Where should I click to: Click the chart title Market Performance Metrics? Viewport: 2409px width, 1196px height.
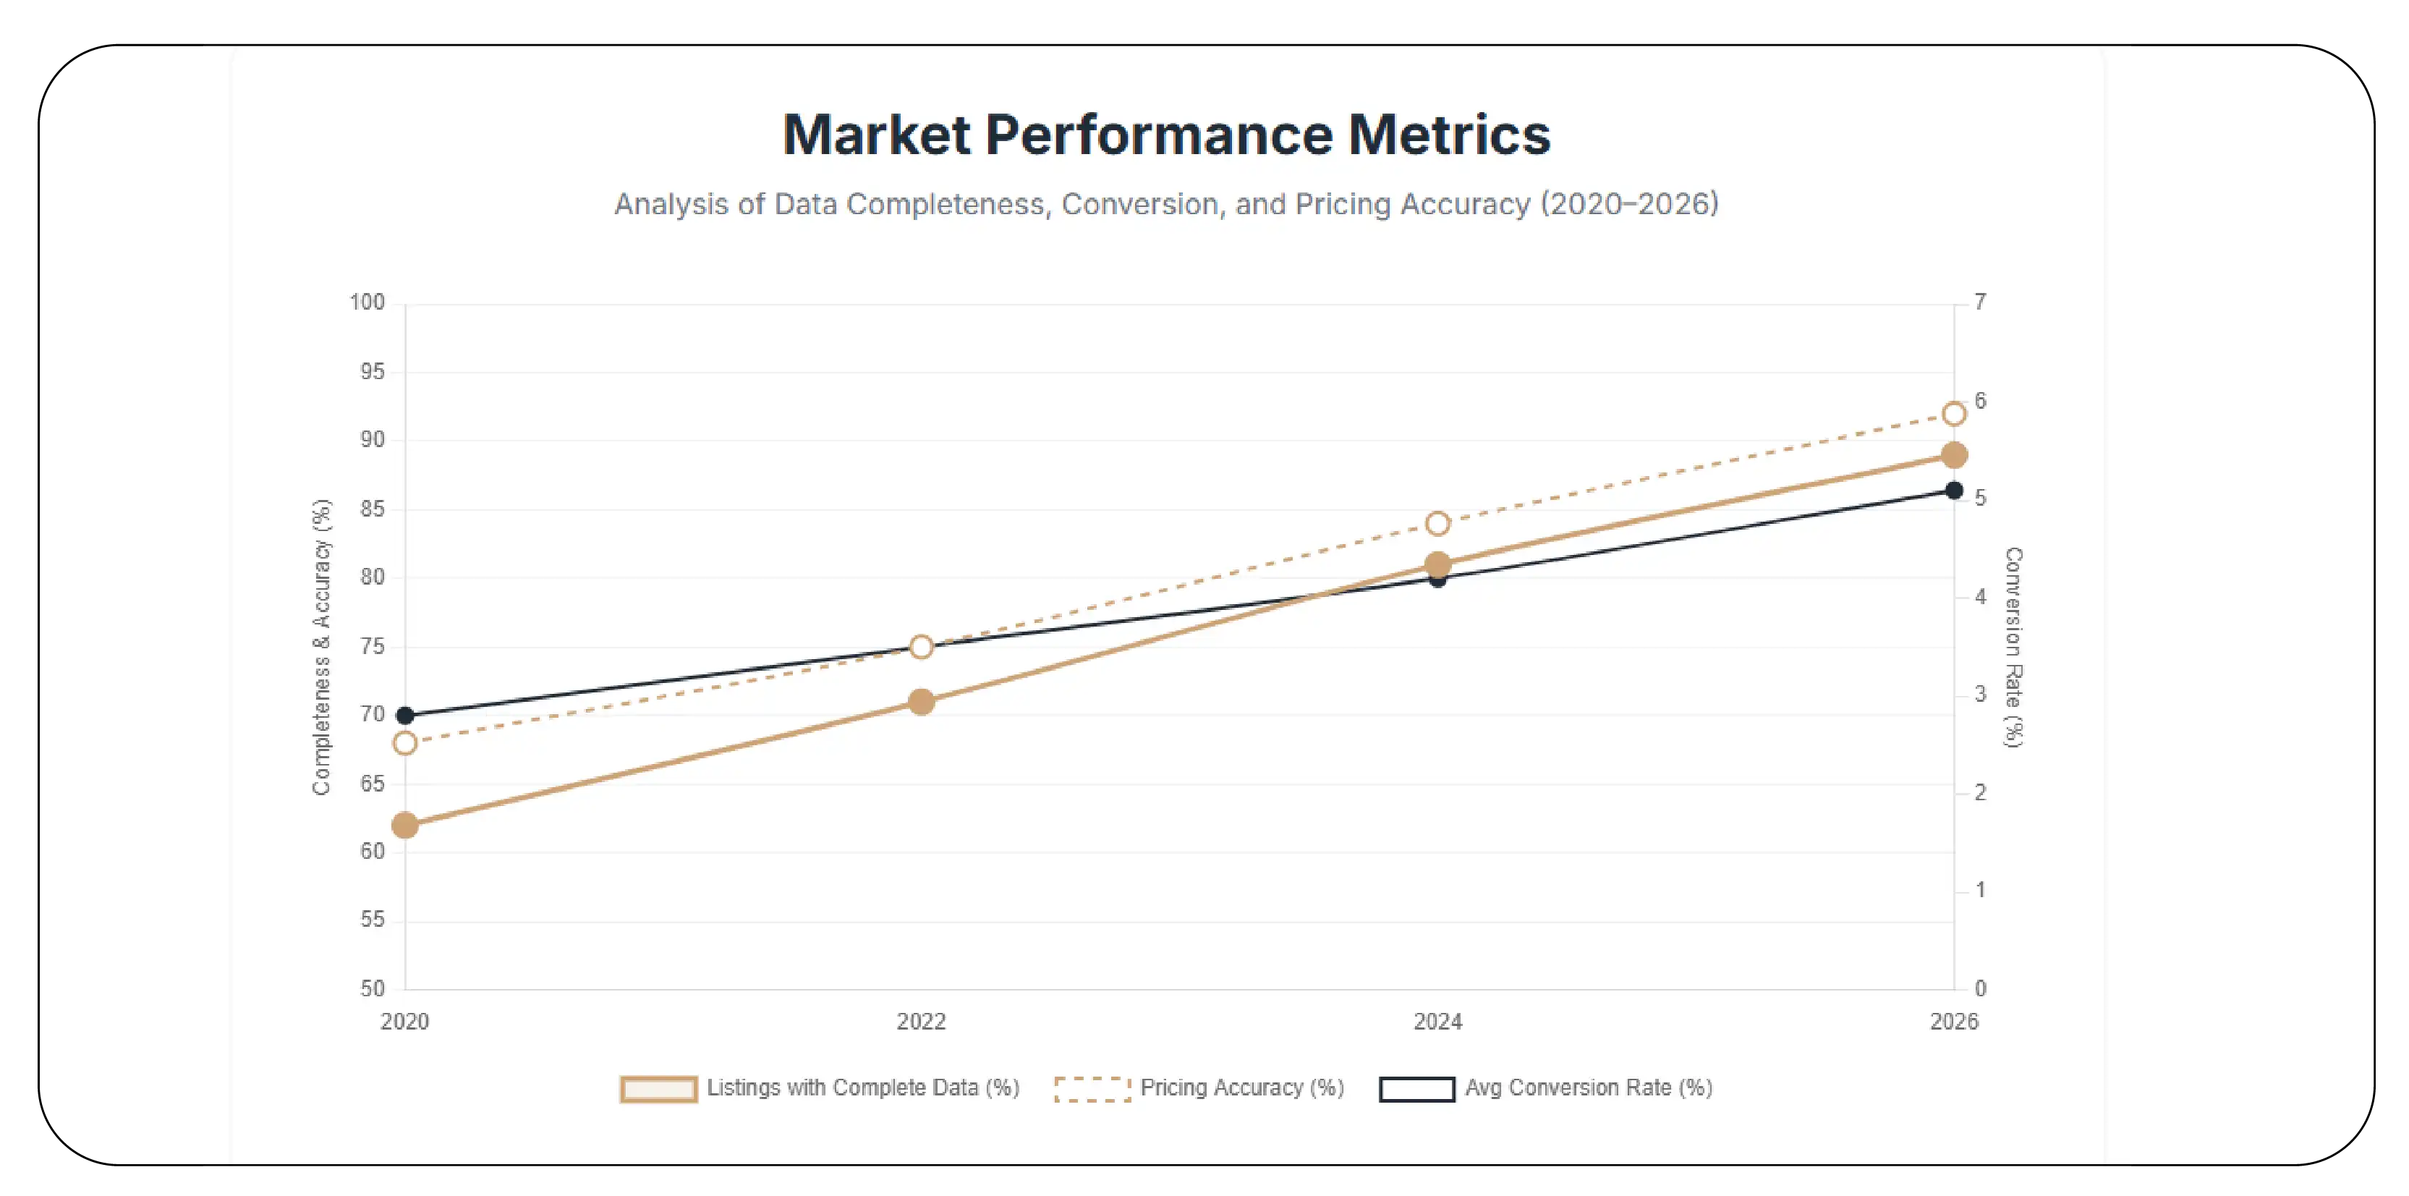coord(1166,135)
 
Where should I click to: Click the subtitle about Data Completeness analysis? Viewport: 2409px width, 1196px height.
coord(1166,204)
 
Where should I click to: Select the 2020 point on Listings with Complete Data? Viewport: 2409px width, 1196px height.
coord(405,825)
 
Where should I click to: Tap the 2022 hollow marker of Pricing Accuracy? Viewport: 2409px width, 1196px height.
coord(921,646)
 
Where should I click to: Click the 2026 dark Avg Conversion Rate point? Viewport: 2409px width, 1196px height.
coord(1953,490)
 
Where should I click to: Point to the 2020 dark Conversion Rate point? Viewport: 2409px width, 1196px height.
coord(405,716)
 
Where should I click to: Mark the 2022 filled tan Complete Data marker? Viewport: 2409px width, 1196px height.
coord(921,701)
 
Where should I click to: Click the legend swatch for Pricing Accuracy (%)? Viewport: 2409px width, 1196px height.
coord(1092,1088)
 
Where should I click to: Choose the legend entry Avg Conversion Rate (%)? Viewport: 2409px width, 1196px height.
coord(1588,1087)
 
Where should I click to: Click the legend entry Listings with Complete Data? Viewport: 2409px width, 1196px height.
coord(862,1087)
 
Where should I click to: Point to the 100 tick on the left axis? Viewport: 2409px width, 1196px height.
coord(367,302)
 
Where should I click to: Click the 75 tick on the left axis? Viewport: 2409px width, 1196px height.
coord(372,646)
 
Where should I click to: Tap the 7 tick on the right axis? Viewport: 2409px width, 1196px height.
coord(1980,302)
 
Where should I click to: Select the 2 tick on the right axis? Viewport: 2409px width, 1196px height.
coord(1980,792)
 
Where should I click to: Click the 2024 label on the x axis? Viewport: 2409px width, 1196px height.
coord(1437,1021)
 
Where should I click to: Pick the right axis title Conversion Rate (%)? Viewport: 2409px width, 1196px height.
coord(2013,646)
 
